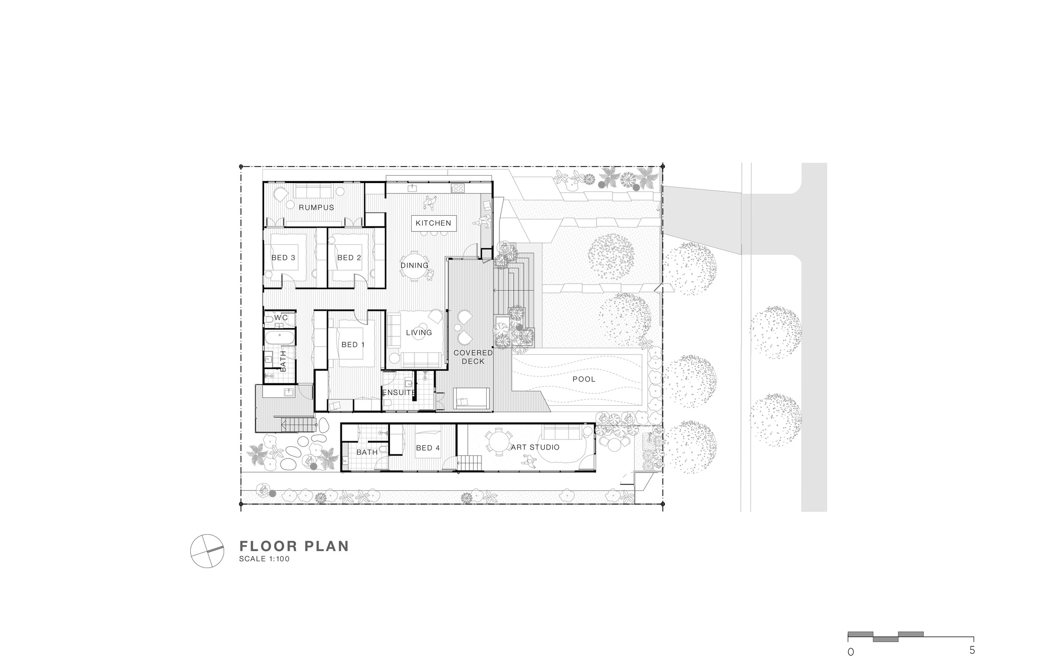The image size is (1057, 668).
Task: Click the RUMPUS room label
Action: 317,207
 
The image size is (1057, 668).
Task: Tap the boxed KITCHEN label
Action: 433,223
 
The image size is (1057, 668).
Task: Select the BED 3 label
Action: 283,258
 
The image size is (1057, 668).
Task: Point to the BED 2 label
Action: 349,258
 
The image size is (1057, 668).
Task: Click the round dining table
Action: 414,273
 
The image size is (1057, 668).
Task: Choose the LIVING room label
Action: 419,333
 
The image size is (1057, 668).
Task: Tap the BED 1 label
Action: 353,345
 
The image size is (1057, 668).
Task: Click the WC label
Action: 281,317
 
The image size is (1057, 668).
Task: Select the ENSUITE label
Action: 399,392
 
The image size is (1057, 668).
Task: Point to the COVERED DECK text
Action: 473,357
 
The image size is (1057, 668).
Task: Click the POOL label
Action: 583,379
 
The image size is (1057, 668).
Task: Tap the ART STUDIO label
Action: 535,447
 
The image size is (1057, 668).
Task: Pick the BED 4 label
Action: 428,448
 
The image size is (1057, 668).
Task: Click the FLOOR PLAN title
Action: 294,546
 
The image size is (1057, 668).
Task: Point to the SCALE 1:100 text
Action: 264,559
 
